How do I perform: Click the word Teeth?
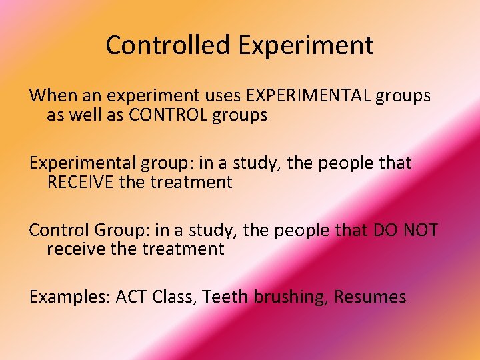(x=225, y=297)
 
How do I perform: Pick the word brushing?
(x=291, y=297)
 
